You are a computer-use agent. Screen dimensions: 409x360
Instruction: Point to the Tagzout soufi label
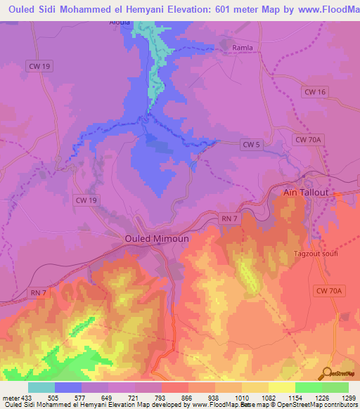tap(315, 253)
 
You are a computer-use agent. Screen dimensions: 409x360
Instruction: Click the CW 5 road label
tap(251, 144)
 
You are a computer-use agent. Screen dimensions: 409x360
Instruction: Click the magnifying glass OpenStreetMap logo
tap(326, 374)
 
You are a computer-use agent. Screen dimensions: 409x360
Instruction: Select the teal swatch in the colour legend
tap(41, 387)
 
